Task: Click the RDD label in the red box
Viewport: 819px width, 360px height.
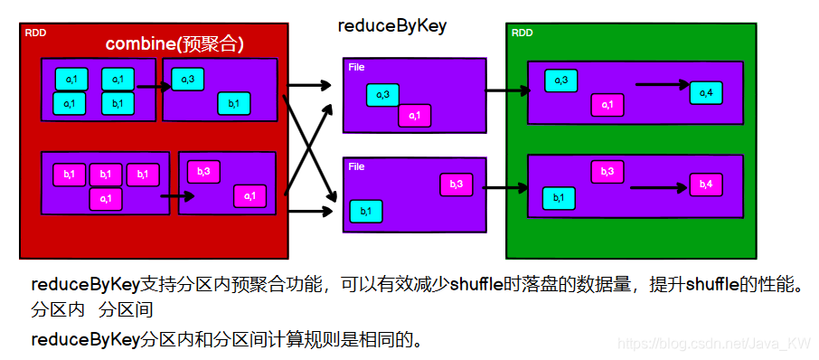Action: point(35,33)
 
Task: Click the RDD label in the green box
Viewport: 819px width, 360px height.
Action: point(522,33)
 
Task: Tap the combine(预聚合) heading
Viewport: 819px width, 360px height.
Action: point(175,43)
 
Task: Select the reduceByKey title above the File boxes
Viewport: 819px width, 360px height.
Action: point(391,25)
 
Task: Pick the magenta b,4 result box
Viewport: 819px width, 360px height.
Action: point(706,184)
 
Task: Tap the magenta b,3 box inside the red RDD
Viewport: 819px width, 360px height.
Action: point(203,171)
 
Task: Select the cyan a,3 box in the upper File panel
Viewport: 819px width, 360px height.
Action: point(382,95)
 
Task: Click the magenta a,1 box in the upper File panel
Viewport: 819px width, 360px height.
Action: point(414,116)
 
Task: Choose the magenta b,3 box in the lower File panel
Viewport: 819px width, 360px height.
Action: point(457,184)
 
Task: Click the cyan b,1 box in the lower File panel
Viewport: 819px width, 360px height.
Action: point(366,211)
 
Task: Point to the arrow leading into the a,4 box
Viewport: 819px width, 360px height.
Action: point(662,85)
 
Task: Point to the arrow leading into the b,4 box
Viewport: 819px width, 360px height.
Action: point(659,188)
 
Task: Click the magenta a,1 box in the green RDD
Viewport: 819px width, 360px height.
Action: point(607,105)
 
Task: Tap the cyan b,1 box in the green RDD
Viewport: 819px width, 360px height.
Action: point(559,197)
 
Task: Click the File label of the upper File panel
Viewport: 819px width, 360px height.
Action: point(356,66)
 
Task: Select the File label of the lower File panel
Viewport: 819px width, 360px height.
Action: point(356,166)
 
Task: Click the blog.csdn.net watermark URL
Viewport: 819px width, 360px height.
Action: point(711,345)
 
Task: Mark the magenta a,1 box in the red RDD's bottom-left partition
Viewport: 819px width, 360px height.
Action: point(106,198)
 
